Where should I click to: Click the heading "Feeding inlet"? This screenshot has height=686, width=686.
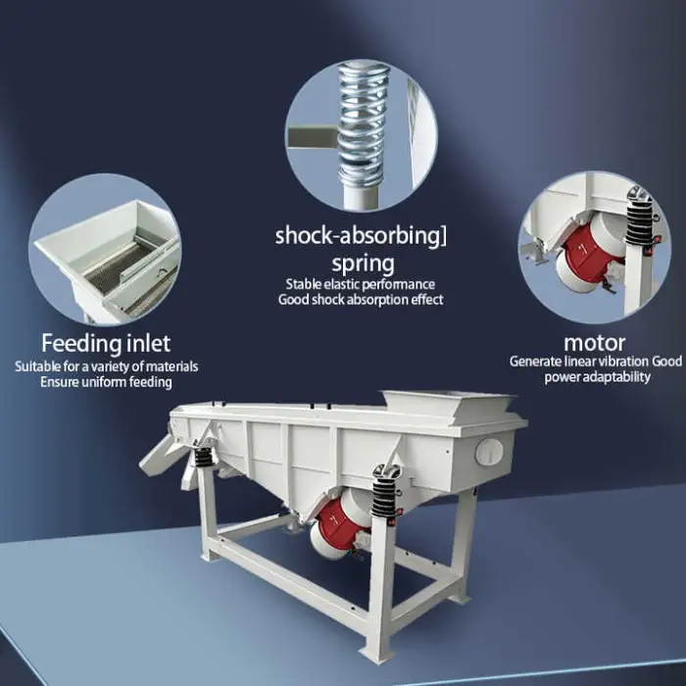[x=106, y=343]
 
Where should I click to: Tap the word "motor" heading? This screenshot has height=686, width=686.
[x=595, y=343]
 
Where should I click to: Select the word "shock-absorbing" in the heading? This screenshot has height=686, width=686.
[x=357, y=236]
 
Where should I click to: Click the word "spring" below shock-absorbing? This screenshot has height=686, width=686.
[x=363, y=265]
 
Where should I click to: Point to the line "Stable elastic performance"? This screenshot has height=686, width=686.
[x=360, y=284]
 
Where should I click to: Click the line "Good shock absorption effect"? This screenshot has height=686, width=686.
[x=361, y=300]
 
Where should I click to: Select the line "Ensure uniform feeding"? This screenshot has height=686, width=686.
[x=106, y=382]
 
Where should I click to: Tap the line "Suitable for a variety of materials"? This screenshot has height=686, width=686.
[x=106, y=367]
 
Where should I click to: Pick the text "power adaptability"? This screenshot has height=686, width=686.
[x=597, y=377]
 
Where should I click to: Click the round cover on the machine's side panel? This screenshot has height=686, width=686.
[x=489, y=452]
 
